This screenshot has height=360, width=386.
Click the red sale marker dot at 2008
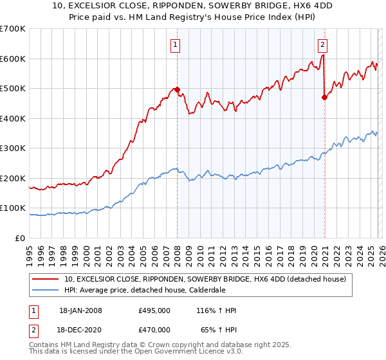[177, 90]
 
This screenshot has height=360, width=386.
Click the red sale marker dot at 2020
[324, 98]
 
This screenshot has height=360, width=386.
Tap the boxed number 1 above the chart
[175, 44]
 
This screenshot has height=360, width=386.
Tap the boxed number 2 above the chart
[322, 44]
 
